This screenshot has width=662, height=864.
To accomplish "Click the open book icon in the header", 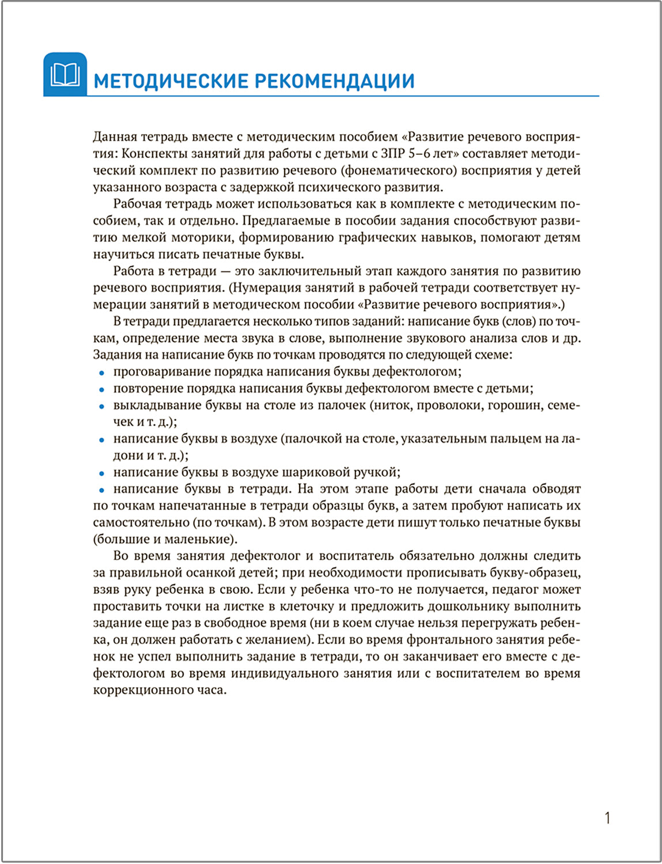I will [65, 75].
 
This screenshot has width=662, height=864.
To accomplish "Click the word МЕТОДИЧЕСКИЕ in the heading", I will [171, 81].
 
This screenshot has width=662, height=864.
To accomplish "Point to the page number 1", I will [607, 818].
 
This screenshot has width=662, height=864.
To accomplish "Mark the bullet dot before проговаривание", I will [101, 373].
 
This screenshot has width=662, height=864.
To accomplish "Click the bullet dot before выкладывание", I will [101, 406].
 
